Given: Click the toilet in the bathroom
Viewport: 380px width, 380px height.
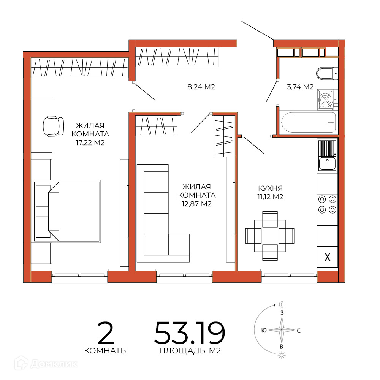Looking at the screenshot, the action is pos(327,73).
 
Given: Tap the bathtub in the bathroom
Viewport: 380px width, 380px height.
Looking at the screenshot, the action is pos(309,122).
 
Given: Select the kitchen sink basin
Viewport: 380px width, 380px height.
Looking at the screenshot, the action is pos(327,163).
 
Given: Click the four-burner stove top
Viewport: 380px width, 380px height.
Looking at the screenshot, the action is pos(327,204).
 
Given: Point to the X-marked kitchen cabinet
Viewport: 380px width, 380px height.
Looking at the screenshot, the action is pos(328,257).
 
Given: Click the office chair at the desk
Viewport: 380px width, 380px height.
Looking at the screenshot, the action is pos(53,126).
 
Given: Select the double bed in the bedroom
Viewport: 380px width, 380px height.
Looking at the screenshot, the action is pos(67,211).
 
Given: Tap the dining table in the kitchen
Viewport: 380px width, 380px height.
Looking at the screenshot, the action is pos(270,236).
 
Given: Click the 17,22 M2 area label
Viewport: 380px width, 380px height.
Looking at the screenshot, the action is pos(90,143).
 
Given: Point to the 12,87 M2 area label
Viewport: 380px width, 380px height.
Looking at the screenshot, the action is pos(196,204).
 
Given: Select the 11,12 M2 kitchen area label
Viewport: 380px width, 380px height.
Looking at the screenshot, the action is pos(270,196).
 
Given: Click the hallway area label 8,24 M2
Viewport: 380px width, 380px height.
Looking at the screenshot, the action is pos(201,87).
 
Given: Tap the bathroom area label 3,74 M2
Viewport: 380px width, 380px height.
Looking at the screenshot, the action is pos(300,87).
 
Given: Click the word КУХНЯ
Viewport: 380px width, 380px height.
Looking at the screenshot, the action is pos(270,188).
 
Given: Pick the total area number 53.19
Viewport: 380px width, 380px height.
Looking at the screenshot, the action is pos(190,333).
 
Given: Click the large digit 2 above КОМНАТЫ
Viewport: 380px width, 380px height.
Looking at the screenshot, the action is pos(106,333).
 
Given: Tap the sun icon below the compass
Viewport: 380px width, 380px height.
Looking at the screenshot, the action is pos(282,356).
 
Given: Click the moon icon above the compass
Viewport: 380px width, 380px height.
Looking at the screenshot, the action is pos(282,305).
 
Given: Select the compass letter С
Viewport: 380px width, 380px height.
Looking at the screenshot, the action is pos(299,331).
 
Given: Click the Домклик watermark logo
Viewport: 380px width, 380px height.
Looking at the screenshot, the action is pos(46,364).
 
